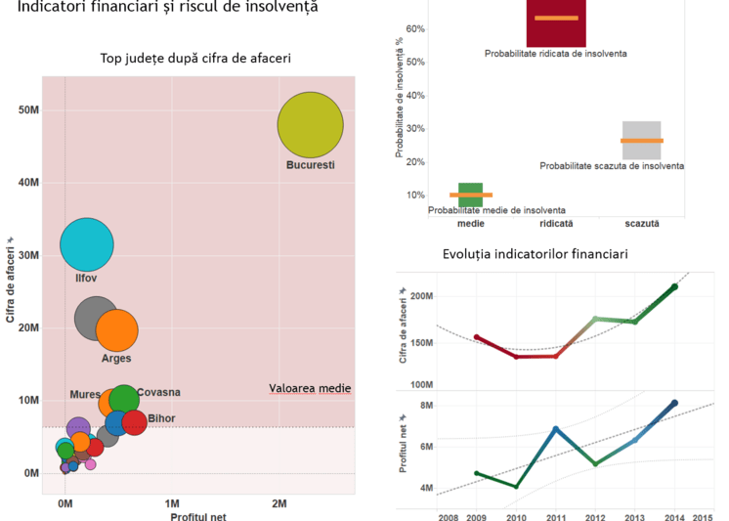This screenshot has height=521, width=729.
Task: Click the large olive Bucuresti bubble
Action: point(310,125)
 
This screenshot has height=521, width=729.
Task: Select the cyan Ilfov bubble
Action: point(87,245)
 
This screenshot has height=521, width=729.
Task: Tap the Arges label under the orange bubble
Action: point(116,359)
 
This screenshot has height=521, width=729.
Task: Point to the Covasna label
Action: point(158,393)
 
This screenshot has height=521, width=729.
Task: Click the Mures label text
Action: point(85,395)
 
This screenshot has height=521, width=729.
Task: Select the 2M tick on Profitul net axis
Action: point(279,504)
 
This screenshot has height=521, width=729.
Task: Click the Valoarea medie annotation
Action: point(310,389)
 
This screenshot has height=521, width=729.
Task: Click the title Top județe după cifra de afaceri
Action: point(195,59)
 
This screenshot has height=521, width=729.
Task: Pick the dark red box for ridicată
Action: point(556,22)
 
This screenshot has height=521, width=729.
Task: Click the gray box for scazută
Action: point(642,140)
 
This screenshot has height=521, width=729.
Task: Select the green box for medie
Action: point(470,195)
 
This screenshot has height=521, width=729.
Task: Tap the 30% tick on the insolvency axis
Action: point(414,129)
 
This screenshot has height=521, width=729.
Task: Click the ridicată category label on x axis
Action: point(556,224)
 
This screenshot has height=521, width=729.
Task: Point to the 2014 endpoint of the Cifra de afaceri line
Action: point(674,286)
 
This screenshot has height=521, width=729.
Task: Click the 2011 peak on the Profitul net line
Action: point(556,429)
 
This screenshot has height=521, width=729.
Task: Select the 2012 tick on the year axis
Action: point(594,517)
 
